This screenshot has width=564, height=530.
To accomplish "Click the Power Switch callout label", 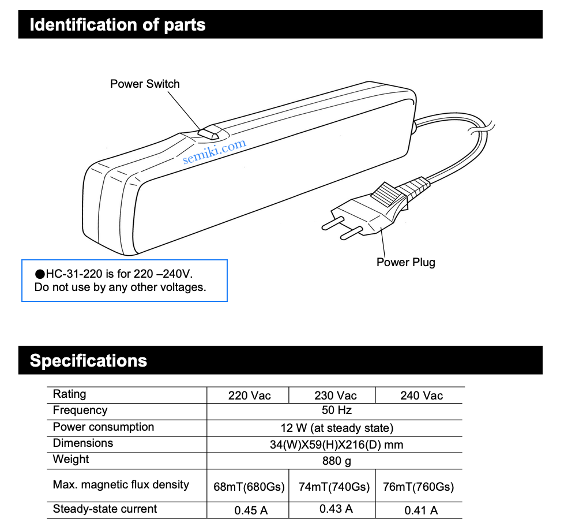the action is coord(145,84).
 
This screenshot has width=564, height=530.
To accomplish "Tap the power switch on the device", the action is coord(208,133).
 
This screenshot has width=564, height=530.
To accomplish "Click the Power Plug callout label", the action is coord(406,262).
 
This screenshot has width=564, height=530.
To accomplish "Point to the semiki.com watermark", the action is coord(215,151).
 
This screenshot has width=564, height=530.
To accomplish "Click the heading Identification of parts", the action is coord(118,25).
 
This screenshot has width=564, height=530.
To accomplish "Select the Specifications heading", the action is coord(88,360).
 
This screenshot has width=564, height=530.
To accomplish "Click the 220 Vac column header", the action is coord(249,395).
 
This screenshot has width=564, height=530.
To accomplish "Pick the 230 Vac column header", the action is coord(335,395).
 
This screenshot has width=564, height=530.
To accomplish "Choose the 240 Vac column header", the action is coord(422,395).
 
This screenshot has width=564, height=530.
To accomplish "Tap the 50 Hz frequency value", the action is coord(337,410).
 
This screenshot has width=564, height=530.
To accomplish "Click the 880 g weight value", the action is coord(337,461).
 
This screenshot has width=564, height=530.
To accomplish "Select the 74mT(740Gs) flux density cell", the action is coord(334,487).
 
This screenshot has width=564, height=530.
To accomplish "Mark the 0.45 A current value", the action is coord(251,510).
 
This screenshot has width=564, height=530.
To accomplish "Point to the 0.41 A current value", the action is coord(421,510).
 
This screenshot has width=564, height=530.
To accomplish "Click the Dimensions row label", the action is coord(82,443).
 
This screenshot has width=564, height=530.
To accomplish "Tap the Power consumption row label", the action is coord(103,427).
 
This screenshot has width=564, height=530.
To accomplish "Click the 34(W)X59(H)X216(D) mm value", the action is coord(337,445).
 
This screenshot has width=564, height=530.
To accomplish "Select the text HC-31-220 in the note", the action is coord(74,274).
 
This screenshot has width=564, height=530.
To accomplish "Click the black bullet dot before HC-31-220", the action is coord(40,274).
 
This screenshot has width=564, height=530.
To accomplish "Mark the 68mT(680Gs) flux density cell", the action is coord(249,487).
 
